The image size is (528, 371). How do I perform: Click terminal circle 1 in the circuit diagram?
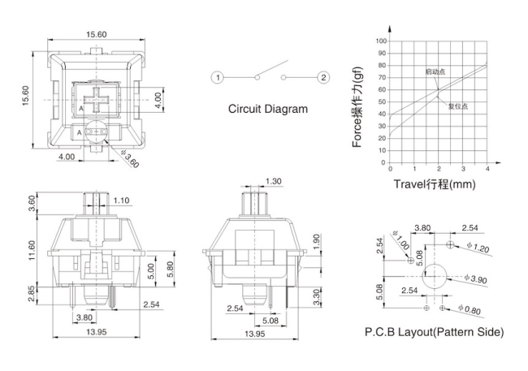click(218, 78)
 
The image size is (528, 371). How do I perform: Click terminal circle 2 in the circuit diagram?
click(323, 78)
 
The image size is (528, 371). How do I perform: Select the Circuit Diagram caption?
click(268, 109)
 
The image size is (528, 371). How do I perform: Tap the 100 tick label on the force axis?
click(381, 41)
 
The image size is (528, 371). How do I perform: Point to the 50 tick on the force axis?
click(383, 102)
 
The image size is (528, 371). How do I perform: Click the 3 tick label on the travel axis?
click(463, 169)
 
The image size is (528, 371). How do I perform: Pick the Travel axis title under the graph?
click(435, 184)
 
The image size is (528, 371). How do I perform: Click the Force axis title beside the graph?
click(357, 107)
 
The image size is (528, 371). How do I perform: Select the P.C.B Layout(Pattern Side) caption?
click(435, 332)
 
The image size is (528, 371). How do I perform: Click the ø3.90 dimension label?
click(476, 278)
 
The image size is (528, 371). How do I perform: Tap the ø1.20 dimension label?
click(478, 248)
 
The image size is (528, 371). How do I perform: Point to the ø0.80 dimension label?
click(470, 309)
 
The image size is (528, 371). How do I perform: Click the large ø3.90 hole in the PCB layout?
click(434, 276)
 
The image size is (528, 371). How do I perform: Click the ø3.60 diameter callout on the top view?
click(130, 159)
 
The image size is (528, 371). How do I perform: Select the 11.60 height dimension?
click(32, 250)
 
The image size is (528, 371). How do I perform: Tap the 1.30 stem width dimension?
click(273, 182)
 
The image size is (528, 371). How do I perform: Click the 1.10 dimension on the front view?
click(121, 201)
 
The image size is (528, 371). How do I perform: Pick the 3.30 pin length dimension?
click(317, 297)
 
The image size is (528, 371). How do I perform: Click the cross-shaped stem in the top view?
click(97, 100)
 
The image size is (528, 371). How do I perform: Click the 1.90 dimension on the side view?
click(317, 242)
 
